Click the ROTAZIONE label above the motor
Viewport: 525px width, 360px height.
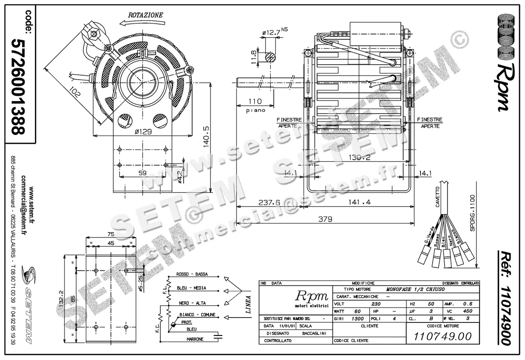(145, 15)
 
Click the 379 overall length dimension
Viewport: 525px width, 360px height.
(325, 218)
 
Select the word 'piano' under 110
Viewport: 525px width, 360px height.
(255, 111)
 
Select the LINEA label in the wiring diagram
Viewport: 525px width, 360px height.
(248, 305)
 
